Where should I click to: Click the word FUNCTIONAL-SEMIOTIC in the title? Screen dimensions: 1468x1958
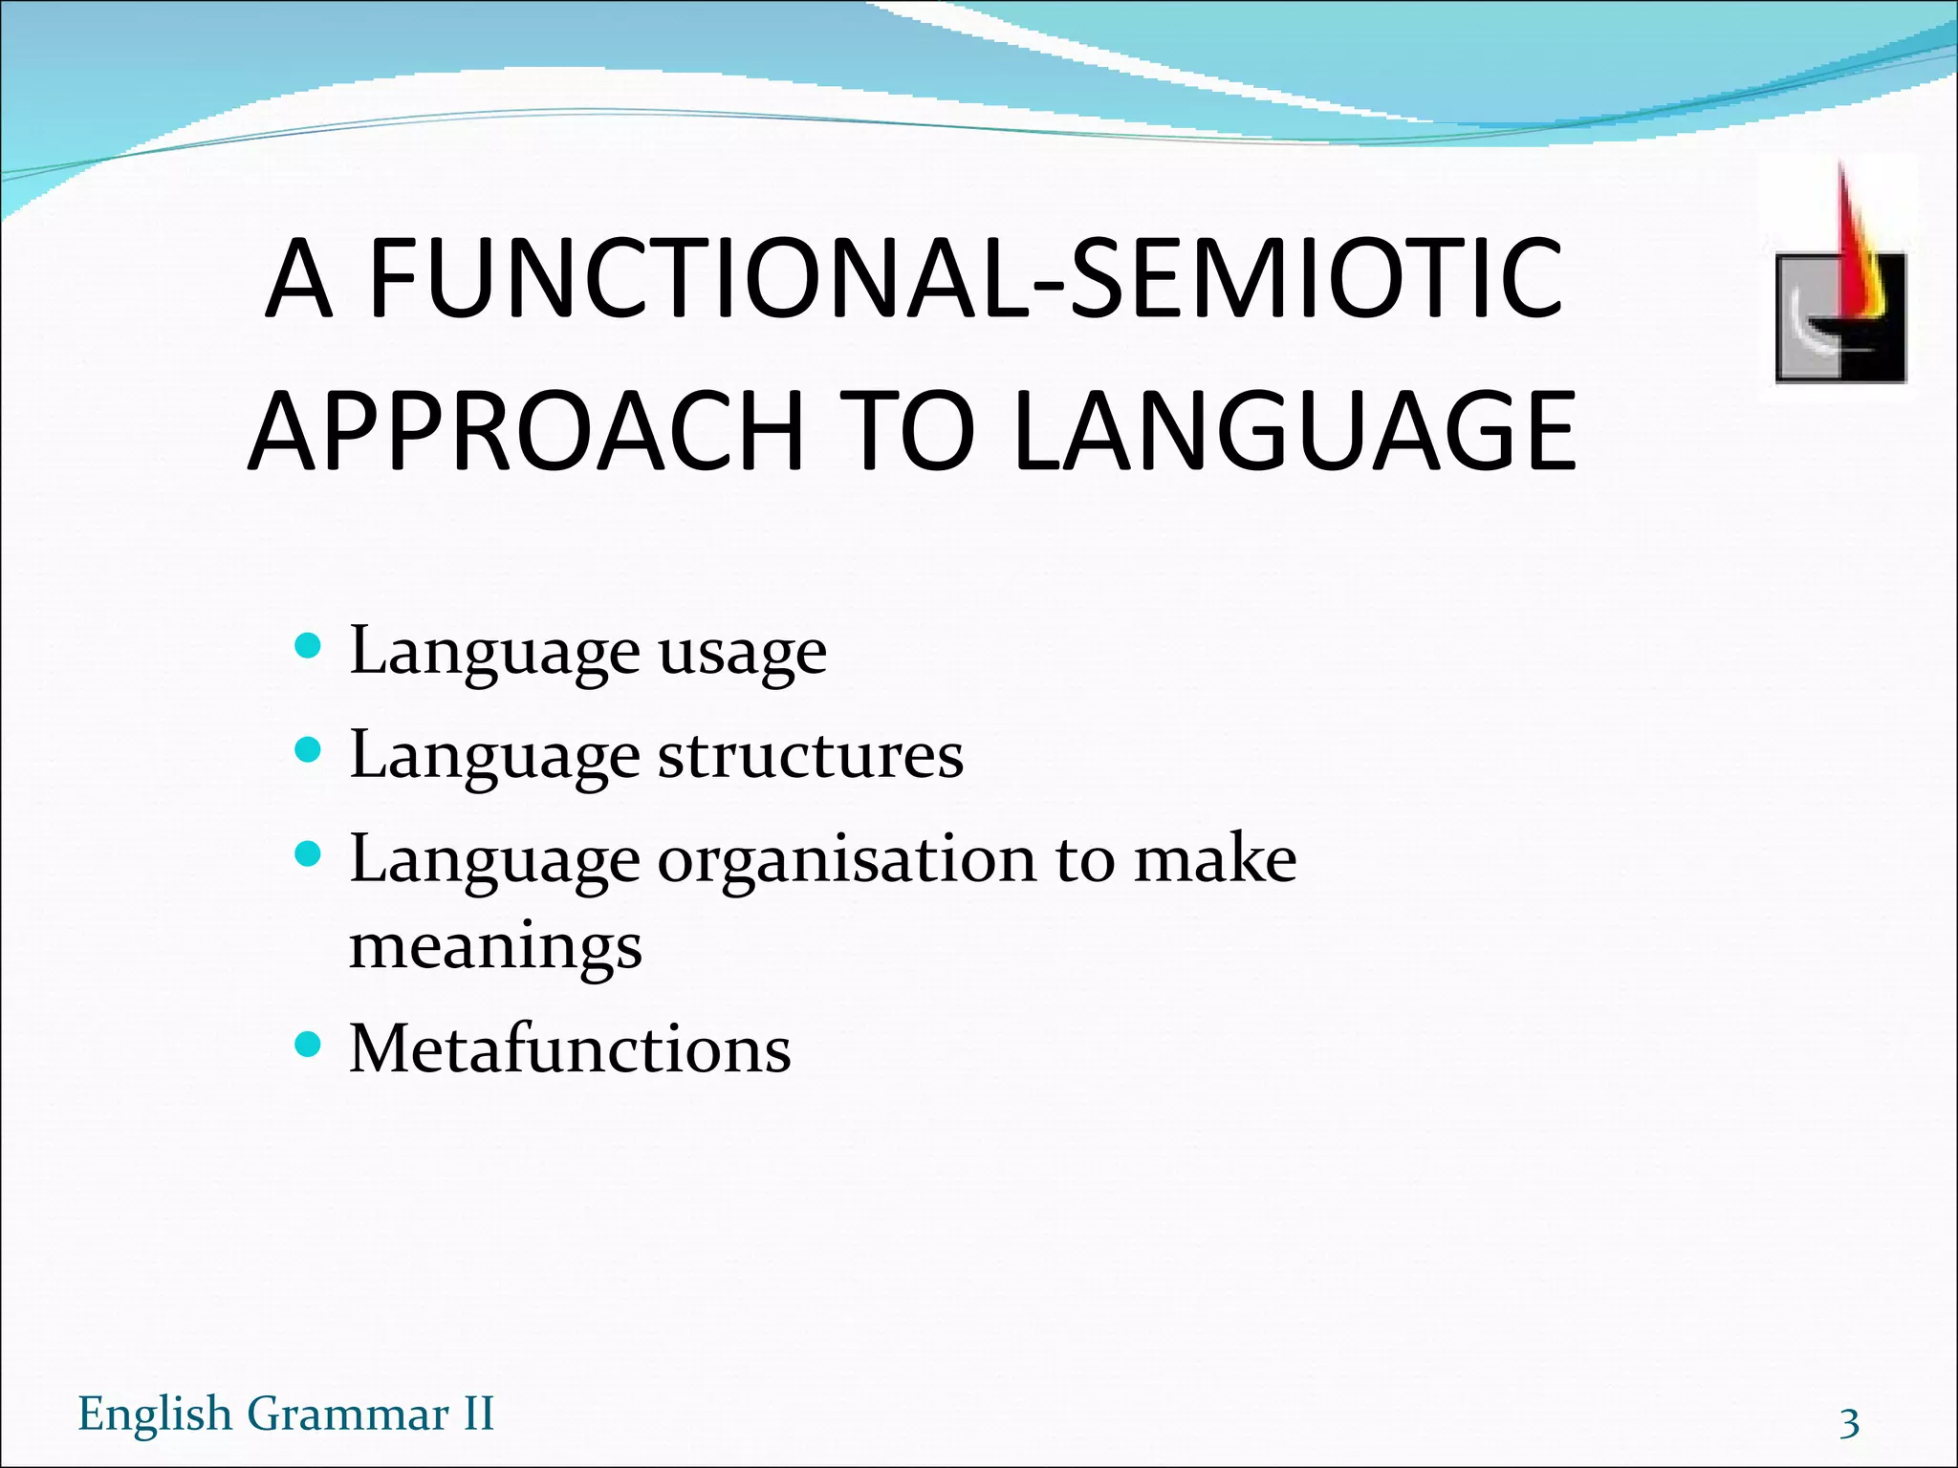(x=966, y=279)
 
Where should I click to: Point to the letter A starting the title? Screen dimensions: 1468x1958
(x=298, y=279)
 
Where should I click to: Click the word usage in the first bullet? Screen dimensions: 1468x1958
(x=742, y=654)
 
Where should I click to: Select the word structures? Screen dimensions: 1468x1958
(x=810, y=757)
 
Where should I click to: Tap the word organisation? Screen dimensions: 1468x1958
(x=846, y=860)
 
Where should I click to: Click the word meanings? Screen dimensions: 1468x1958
(x=495, y=948)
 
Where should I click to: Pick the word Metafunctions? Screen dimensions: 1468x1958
(x=570, y=1049)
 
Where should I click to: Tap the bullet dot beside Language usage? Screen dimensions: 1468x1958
(x=308, y=647)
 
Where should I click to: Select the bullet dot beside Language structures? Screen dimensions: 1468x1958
(x=308, y=750)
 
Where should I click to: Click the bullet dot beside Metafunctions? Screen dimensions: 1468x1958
(x=308, y=1043)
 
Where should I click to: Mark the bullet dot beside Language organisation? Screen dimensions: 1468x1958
(x=308, y=853)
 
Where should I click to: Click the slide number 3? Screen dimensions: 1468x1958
(x=1849, y=1423)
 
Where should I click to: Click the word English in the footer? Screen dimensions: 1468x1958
(x=155, y=1414)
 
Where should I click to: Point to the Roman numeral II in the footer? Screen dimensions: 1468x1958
(x=478, y=1414)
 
